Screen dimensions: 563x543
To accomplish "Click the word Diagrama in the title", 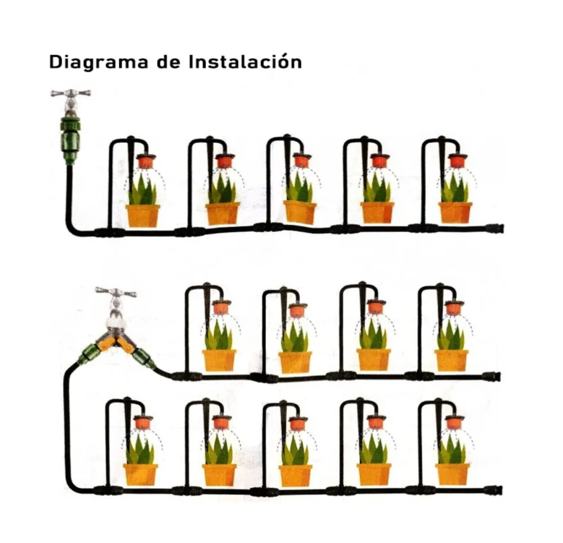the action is tap(99, 62).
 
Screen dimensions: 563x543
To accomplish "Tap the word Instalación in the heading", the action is tap(245, 61).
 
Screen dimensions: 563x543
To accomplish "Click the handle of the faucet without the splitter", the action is tap(71, 93).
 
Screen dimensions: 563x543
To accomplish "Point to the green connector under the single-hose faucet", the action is tap(70, 140).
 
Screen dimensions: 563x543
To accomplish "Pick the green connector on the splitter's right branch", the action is tap(143, 358).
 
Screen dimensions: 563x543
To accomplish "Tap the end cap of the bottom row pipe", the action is tap(494, 490).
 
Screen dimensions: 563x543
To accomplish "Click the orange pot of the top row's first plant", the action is tap(143, 216).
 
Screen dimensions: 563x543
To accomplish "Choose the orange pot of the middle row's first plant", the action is tap(219, 360).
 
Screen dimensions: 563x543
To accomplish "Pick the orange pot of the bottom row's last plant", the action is tap(453, 475).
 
